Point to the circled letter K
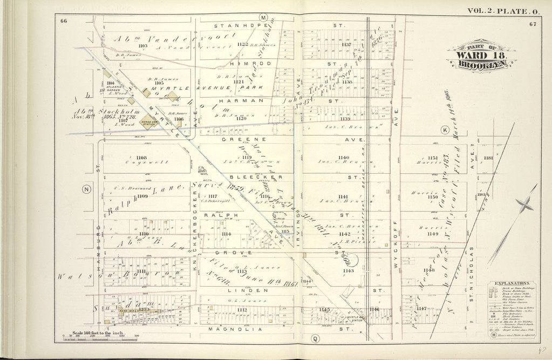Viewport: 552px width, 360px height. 445,131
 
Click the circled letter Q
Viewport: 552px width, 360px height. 315,339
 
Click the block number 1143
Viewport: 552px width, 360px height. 348,270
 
